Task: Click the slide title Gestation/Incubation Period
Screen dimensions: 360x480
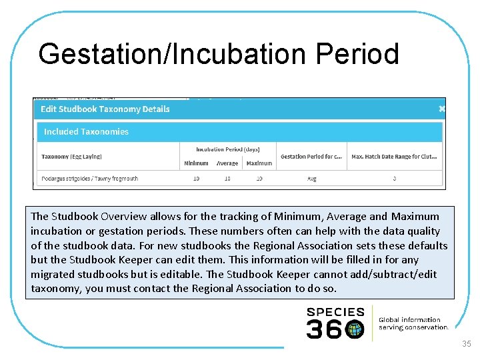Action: [x=218, y=54]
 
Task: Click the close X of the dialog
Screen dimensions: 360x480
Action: [x=441, y=109]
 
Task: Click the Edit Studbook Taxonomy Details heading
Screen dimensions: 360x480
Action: [x=105, y=109]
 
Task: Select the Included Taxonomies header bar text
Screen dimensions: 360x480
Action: [x=86, y=132]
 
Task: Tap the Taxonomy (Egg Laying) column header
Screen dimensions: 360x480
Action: [x=71, y=157]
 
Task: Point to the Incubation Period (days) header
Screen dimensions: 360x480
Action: [x=227, y=149]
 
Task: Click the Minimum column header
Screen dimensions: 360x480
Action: [x=196, y=163]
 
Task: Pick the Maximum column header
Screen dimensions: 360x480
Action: [x=259, y=163]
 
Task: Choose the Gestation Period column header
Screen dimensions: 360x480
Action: [x=311, y=157]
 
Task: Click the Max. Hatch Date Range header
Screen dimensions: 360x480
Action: [x=394, y=157]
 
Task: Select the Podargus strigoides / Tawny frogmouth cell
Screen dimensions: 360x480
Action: [x=89, y=179]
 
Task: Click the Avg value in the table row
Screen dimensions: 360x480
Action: [x=311, y=179]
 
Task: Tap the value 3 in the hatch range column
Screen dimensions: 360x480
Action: [x=394, y=179]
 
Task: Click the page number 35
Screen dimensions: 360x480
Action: [x=466, y=344]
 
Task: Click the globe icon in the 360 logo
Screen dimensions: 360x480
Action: [x=355, y=329]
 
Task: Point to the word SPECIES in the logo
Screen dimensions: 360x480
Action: [x=335, y=312]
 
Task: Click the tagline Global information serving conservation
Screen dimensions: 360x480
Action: [x=413, y=323]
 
